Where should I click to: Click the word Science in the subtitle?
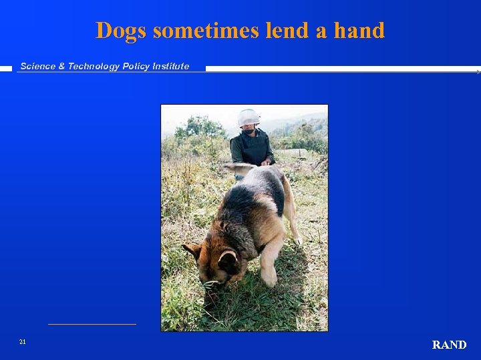[x=39, y=66]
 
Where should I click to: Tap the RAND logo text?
[x=449, y=345]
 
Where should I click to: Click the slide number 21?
[x=22, y=342]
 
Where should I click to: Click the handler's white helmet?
[x=249, y=117]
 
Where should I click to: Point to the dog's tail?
[x=240, y=168]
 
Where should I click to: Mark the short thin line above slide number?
[x=92, y=324]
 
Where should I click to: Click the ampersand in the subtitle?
[x=61, y=66]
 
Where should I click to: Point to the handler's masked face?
[x=249, y=129]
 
